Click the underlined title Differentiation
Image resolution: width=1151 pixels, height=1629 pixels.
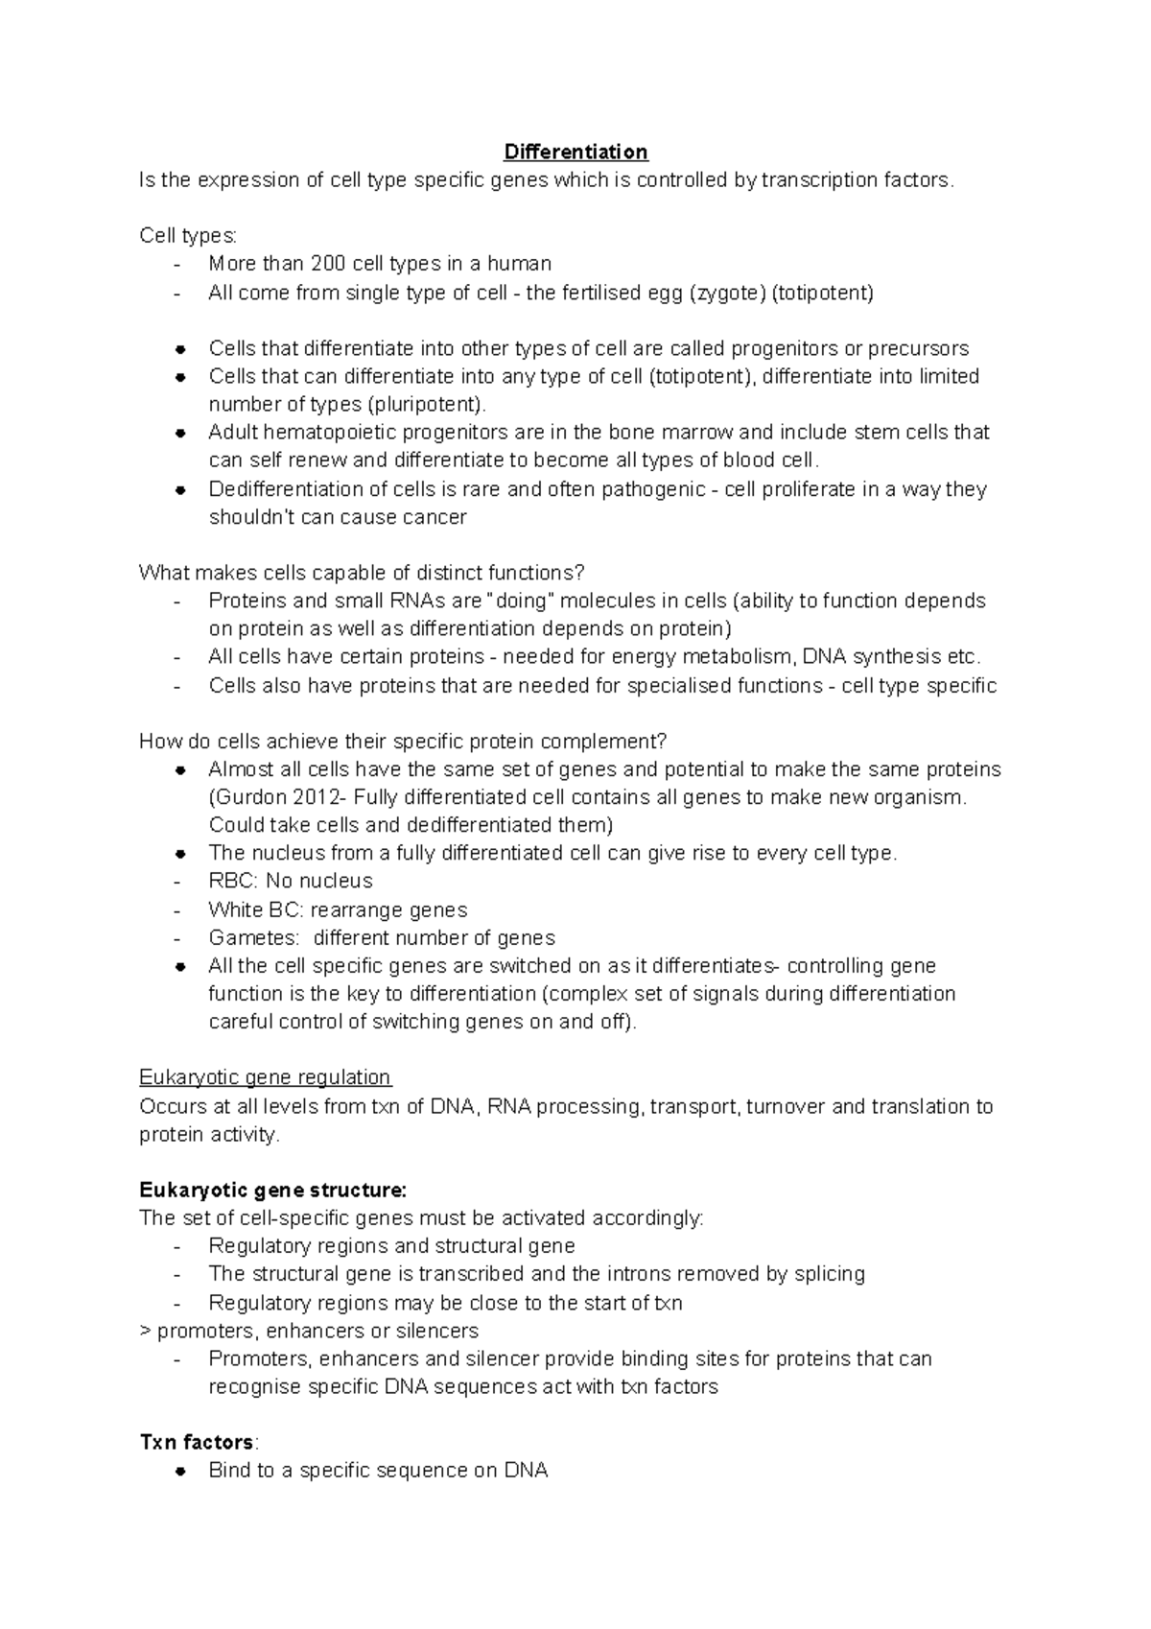click(x=575, y=152)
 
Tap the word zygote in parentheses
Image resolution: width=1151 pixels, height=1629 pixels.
click(x=728, y=293)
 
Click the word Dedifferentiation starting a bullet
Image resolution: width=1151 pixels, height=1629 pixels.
click(x=285, y=489)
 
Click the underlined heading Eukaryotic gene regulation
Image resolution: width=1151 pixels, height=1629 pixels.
click(x=265, y=1077)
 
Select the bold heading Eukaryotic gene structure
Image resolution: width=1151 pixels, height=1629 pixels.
click(x=272, y=1191)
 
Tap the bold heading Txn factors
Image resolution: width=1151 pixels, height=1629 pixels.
click(x=197, y=1443)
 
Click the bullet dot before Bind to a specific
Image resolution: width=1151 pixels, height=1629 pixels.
click(x=179, y=1472)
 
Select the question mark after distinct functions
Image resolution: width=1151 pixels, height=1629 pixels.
click(x=578, y=574)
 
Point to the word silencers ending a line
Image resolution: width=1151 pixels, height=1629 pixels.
click(x=435, y=1332)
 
